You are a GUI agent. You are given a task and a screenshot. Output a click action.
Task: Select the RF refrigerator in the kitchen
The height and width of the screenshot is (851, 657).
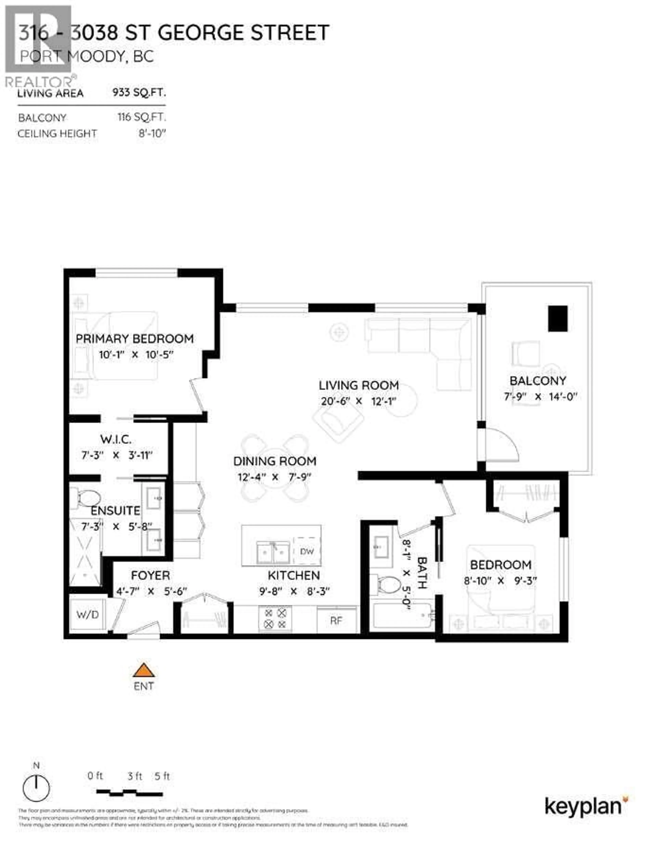tap(336, 620)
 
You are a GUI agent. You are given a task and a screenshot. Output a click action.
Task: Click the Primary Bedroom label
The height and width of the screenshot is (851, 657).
tap(134, 339)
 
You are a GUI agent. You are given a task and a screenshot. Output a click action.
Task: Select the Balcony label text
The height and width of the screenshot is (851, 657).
tap(538, 381)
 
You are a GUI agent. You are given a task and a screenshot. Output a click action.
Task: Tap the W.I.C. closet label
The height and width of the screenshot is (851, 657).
tap(116, 439)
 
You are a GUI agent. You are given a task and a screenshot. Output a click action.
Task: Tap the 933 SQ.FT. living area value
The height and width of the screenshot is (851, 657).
tap(139, 93)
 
